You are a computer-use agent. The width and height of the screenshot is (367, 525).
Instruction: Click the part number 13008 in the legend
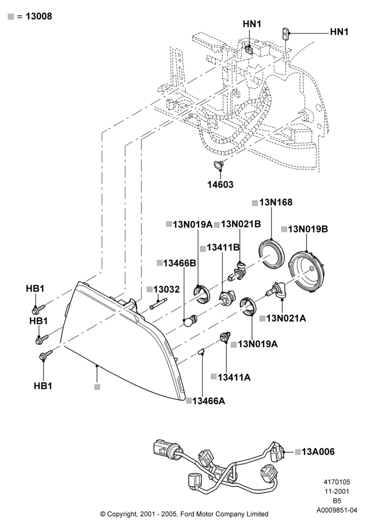pyautogui.click(x=39, y=16)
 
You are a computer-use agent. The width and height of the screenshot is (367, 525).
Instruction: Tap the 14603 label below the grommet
pyautogui.click(x=220, y=184)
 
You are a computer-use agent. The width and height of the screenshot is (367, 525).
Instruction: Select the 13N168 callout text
pyautogui.click(x=276, y=202)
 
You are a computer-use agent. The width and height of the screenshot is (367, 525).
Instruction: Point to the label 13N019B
pyautogui.click(x=308, y=229)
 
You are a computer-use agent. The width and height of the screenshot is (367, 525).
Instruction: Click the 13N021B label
pyautogui.click(x=241, y=224)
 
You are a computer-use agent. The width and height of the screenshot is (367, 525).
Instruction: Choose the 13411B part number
pyautogui.click(x=223, y=247)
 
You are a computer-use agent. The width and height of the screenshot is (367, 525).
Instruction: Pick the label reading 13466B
pyautogui.click(x=179, y=263)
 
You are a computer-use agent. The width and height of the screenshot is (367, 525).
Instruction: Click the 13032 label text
pyautogui.click(x=167, y=289)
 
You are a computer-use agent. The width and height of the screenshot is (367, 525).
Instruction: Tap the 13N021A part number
pyautogui.click(x=286, y=318)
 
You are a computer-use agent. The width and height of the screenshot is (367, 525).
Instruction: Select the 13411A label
pyautogui.click(x=234, y=377)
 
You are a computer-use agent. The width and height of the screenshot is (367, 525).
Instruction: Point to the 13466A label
pyautogui.click(x=209, y=401)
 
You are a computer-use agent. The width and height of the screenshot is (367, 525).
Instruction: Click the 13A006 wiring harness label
pyautogui.click(x=318, y=451)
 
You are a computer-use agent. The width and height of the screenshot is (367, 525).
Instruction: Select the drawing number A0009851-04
pyautogui.click(x=337, y=511)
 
